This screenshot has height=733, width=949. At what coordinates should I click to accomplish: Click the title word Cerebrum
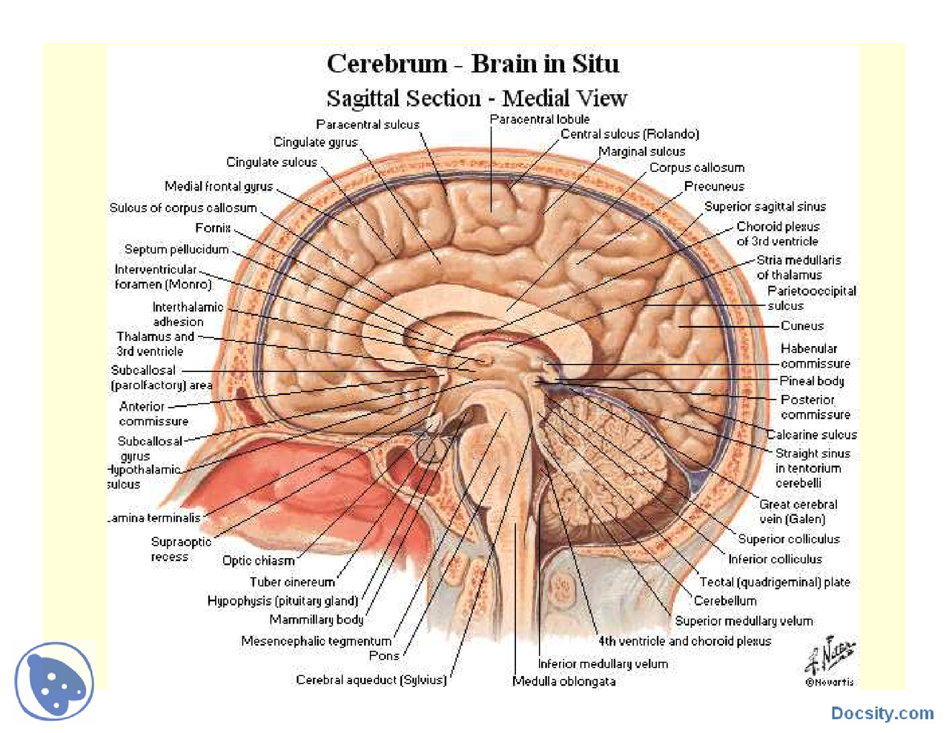[x=387, y=64]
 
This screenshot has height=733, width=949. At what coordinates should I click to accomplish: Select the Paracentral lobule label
[x=539, y=119]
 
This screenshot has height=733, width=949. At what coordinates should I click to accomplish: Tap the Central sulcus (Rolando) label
[x=629, y=134]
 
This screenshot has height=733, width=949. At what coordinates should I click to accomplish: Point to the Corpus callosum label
[x=696, y=168]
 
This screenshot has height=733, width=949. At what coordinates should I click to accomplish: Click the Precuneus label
[x=713, y=187]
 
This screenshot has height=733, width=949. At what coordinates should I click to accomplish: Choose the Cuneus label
[x=801, y=326]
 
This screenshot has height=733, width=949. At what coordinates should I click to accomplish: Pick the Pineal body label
[x=811, y=381]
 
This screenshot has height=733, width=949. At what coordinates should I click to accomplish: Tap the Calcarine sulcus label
[x=811, y=435]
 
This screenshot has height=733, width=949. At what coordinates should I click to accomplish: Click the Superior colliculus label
[x=788, y=540]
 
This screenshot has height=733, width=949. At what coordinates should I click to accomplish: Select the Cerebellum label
[x=724, y=601]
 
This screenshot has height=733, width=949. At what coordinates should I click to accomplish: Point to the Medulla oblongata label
[x=563, y=681]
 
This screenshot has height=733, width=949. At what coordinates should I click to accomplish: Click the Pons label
[x=384, y=656]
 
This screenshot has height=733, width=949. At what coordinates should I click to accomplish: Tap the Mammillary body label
[x=316, y=620]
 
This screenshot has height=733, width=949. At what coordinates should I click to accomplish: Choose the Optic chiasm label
[x=258, y=561]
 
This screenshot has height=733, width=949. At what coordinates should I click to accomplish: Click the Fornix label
[x=213, y=228]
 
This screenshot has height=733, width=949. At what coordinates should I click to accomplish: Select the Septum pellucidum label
[x=176, y=250]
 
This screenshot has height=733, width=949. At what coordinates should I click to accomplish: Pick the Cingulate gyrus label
[x=315, y=142]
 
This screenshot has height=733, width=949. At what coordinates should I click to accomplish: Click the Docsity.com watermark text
[x=882, y=713]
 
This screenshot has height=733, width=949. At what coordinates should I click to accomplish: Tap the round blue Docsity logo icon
[x=54, y=681]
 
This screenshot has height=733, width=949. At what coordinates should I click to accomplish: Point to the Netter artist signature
[x=830, y=656]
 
